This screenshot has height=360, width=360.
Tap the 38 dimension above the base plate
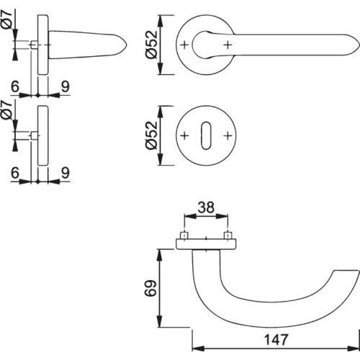(206, 207)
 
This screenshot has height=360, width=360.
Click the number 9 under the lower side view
(65, 174)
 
